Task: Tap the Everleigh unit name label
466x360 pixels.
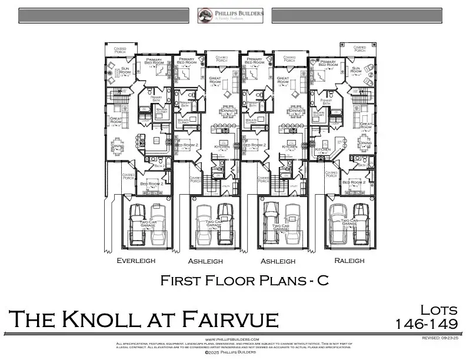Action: coord(136,260)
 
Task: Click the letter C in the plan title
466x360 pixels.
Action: coord(322,281)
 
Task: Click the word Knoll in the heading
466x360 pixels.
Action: coord(118,319)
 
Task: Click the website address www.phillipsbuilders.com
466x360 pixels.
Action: coord(232,339)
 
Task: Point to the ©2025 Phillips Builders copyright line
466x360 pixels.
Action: coord(232,352)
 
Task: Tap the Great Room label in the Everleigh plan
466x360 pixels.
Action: coord(116,121)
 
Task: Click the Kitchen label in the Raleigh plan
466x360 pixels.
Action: coord(323,149)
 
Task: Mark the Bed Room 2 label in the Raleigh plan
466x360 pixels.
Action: coord(354,182)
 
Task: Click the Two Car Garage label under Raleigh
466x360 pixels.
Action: coord(349,223)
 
